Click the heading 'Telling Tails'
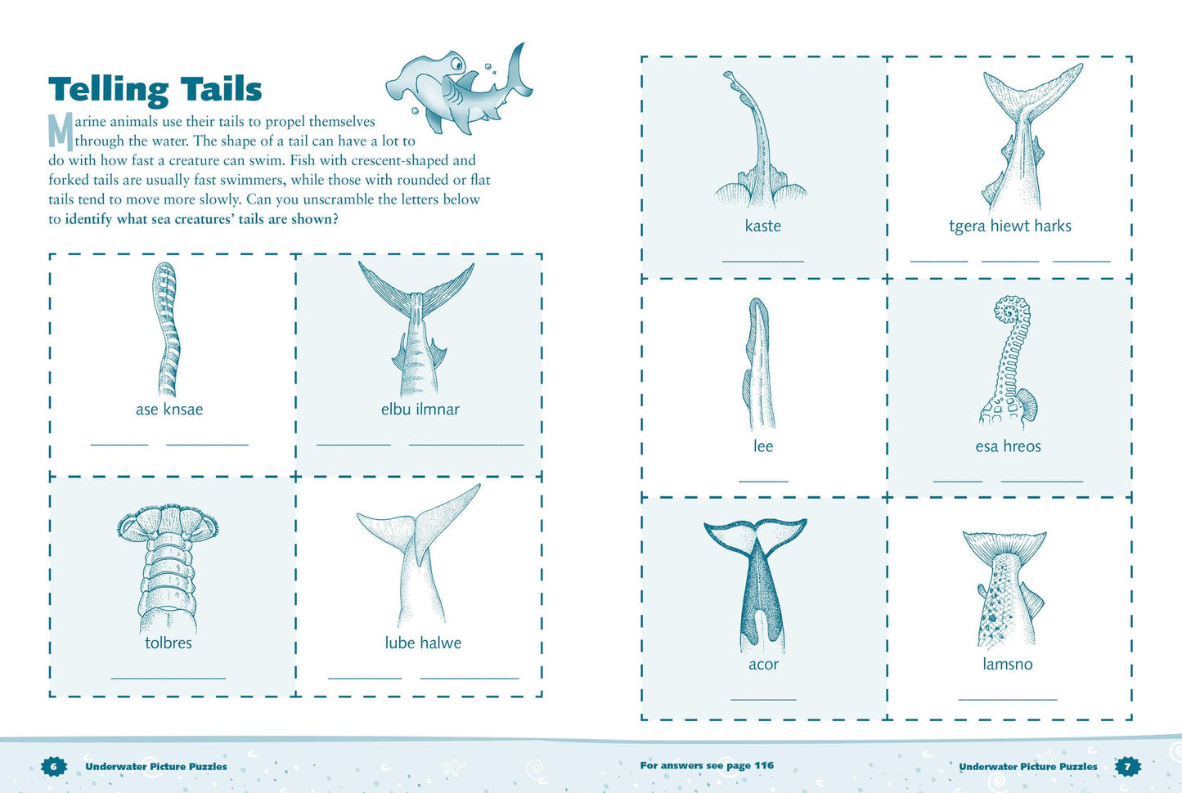[155, 90]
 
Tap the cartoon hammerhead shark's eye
[456, 65]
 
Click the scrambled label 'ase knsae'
[169, 409]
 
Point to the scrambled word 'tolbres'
[169, 643]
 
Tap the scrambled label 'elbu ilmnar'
[420, 409]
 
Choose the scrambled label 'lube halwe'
[423, 643]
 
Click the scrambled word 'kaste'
[763, 226]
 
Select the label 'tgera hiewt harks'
[1010, 226]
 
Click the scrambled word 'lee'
[763, 446]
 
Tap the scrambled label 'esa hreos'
[1008, 446]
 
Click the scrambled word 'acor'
[763, 665]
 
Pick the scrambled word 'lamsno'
[1007, 664]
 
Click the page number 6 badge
[54, 766]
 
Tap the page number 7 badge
[1128, 766]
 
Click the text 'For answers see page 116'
[707, 765]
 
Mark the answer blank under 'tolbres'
[169, 679]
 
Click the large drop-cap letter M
[61, 132]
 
